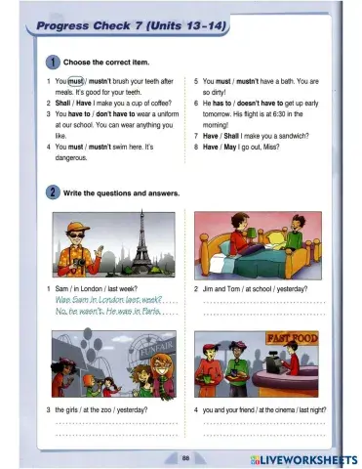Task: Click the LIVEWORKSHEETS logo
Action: (303, 458)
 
